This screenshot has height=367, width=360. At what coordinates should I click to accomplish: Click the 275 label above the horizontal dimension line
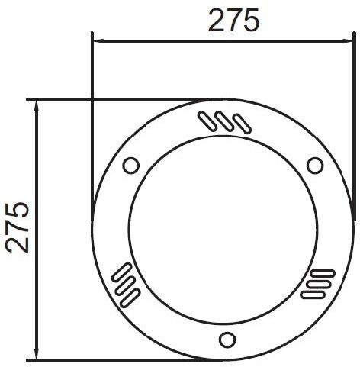tap(233, 20)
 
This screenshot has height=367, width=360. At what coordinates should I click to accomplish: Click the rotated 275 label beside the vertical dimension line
tap(18, 227)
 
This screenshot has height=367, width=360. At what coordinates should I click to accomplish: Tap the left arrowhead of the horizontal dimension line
tap(99, 40)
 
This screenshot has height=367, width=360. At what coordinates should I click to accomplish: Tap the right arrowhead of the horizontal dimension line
tap(347, 40)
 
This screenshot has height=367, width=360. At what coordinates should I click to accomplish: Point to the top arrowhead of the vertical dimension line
tap(37, 106)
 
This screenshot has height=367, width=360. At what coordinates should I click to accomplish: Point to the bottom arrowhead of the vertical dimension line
tap(37, 353)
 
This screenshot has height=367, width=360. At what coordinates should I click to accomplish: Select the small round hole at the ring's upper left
tap(131, 166)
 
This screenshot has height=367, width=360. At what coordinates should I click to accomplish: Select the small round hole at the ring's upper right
tap(315, 166)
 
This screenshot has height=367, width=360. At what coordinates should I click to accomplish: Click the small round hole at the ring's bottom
tap(227, 340)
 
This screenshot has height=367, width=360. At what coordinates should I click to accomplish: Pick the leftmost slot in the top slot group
tap(207, 121)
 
